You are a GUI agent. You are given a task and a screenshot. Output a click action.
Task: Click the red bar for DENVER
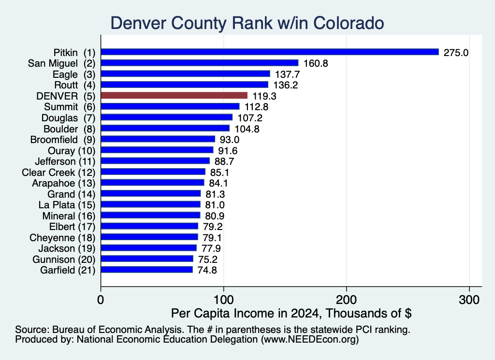point(174,96)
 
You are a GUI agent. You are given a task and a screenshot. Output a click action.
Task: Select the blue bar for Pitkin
point(270,52)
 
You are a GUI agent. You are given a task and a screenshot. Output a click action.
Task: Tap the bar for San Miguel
point(200,63)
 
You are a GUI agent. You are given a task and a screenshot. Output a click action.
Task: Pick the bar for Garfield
point(147,270)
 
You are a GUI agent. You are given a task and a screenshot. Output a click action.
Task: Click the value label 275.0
point(456,52)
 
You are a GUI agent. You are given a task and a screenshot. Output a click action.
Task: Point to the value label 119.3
point(264,96)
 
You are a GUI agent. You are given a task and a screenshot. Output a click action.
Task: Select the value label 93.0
point(230,140)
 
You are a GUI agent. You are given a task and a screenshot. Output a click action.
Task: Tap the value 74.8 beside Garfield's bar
point(207,270)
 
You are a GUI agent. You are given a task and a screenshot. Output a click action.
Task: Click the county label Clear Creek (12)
point(58,173)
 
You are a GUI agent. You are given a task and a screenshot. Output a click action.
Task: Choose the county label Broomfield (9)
point(63,140)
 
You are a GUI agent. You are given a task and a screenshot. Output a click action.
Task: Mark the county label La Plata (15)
point(67,205)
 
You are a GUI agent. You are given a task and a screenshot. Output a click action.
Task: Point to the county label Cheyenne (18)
point(62,238)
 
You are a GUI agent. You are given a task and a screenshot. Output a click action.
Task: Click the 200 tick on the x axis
point(347,300)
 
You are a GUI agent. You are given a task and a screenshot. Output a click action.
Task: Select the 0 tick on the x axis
point(101,300)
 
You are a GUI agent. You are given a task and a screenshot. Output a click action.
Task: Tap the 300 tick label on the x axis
point(469,300)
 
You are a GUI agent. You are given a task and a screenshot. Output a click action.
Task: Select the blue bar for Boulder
point(165,128)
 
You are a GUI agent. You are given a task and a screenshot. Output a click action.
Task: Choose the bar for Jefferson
point(155,161)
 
